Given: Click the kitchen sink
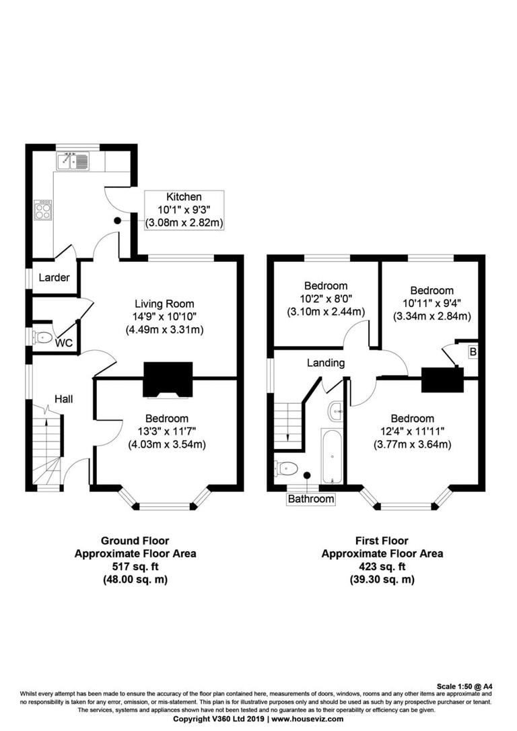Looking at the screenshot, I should (73, 161).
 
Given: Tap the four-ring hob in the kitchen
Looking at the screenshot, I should (43, 210).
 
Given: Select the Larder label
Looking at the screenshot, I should (54, 277).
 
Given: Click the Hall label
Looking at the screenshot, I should (64, 399).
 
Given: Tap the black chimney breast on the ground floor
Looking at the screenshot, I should (168, 380).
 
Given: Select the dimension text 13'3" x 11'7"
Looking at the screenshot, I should (167, 431).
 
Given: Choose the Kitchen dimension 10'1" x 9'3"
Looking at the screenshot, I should (184, 209).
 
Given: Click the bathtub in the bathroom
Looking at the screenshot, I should (331, 456).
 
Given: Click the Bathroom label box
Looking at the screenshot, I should (311, 499).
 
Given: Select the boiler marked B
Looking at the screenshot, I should (473, 351).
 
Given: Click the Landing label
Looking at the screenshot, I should (326, 363).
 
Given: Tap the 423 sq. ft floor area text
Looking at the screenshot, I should (382, 566).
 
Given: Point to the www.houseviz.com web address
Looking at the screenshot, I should (307, 719).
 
